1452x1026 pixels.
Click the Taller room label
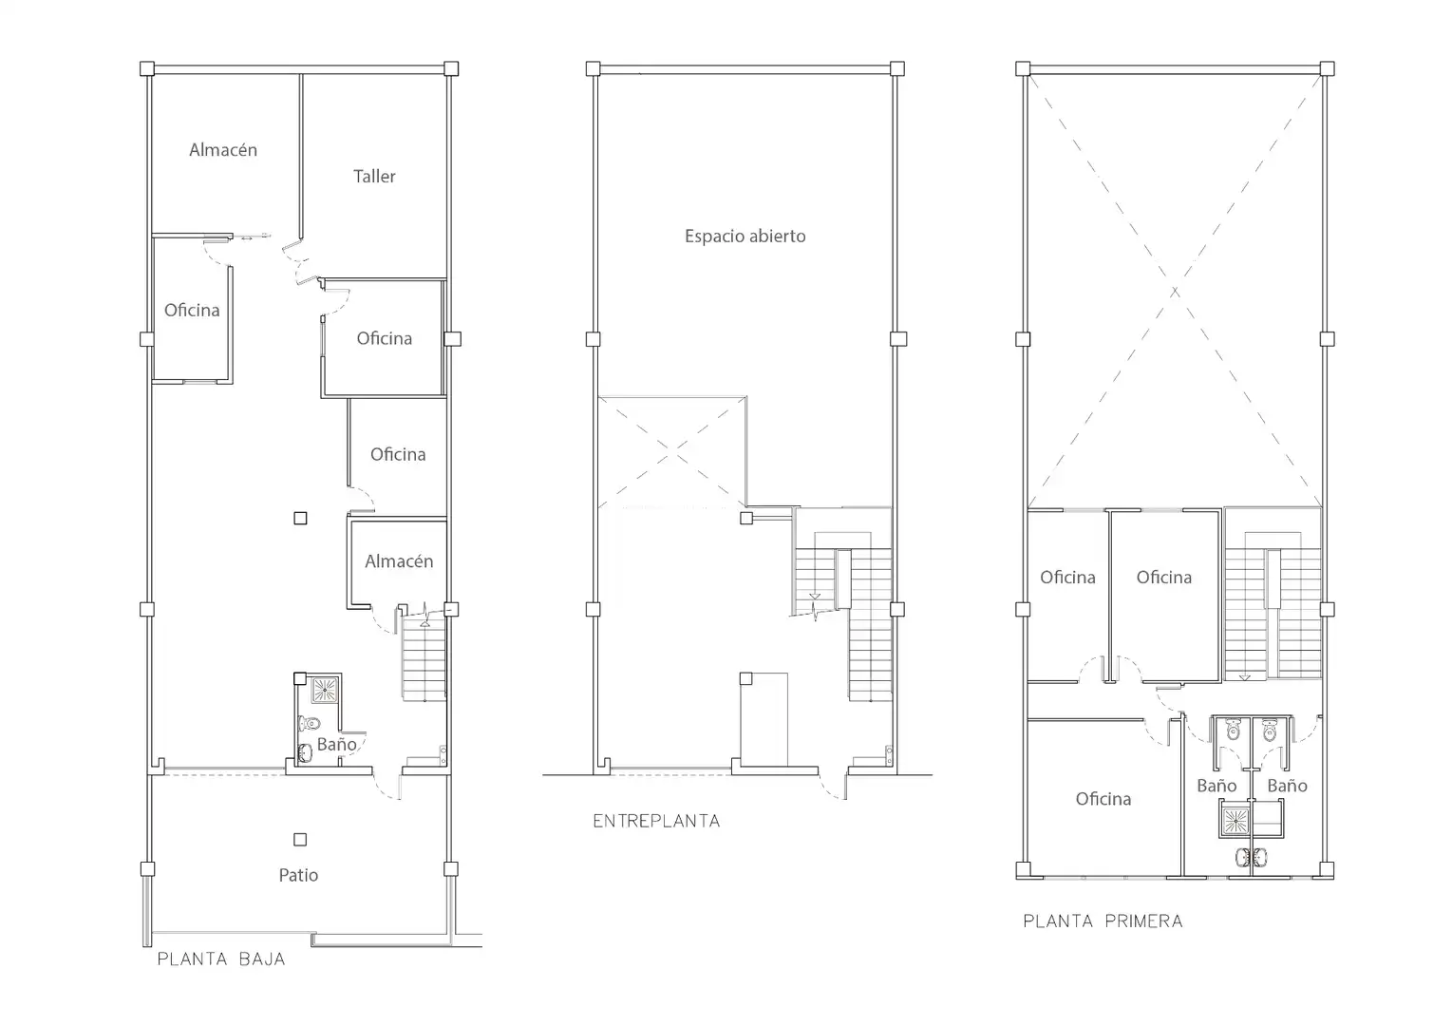[x=374, y=177]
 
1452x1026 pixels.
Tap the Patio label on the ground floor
[x=298, y=875]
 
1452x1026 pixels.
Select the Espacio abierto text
[x=745, y=236]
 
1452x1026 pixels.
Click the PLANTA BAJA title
[x=221, y=959]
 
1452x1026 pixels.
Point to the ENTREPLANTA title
[x=656, y=821]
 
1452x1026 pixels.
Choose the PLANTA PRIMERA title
[x=1103, y=921]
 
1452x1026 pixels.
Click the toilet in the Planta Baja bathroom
[x=310, y=723]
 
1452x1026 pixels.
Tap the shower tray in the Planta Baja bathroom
[x=324, y=690]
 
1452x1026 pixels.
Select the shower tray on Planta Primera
[x=1235, y=822]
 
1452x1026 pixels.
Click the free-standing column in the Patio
[x=300, y=839]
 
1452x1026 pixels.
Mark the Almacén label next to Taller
[x=223, y=150]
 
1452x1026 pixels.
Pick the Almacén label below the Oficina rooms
[x=399, y=561]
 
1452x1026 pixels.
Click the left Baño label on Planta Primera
[x=1216, y=786]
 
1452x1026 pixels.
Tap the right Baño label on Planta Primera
[x=1287, y=786]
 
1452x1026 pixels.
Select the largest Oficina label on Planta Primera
[x=1103, y=798]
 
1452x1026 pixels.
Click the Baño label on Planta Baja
[x=336, y=744]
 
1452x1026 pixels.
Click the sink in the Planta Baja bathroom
[x=305, y=752]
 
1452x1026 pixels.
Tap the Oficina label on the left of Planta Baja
[x=192, y=310]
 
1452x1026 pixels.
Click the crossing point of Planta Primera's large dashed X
[x=1175, y=292]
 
